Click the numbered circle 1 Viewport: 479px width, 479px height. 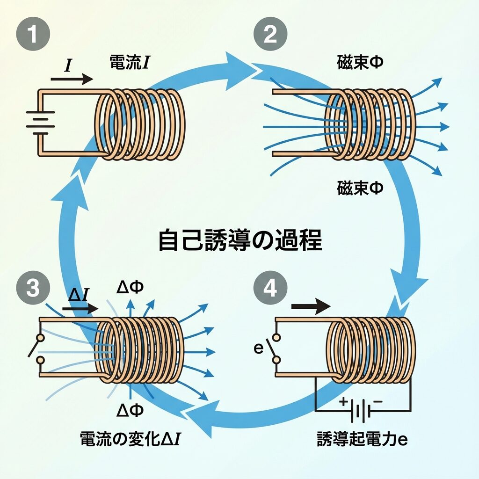[33, 35]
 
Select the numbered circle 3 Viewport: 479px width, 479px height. [33, 288]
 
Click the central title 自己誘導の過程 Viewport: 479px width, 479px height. [240, 240]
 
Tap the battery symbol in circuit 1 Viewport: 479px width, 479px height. [37, 122]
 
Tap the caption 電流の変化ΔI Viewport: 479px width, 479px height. [131, 439]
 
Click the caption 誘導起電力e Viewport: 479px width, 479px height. [363, 439]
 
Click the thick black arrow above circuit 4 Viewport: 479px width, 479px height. [311, 307]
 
